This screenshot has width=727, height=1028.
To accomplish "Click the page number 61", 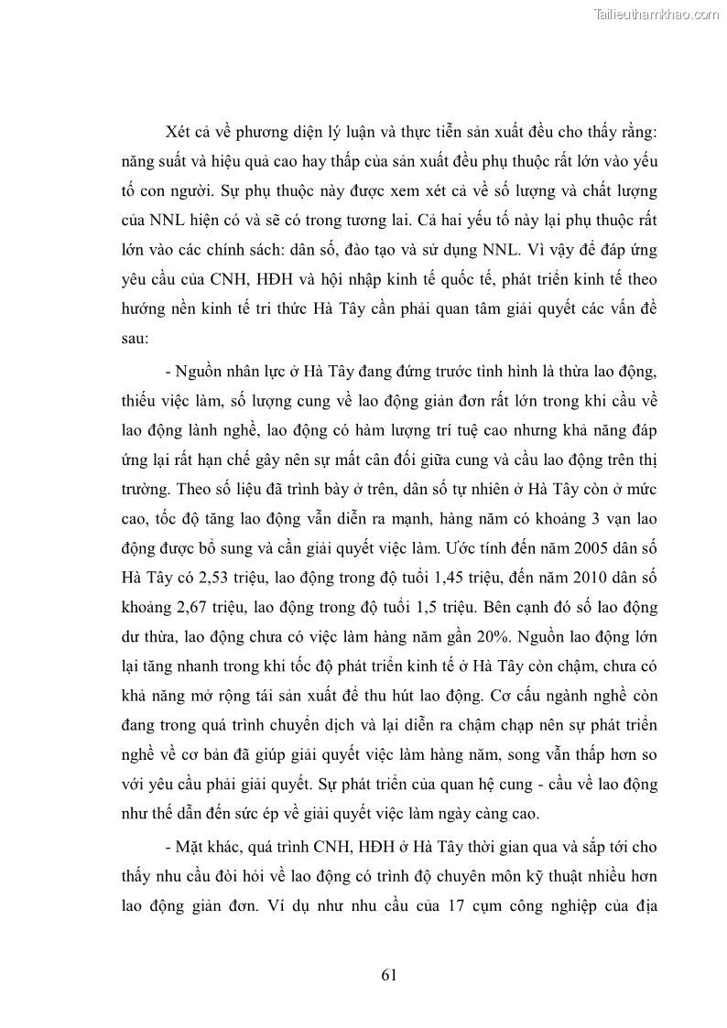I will tap(388, 975).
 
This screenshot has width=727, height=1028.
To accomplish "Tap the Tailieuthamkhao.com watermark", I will tap(656, 14).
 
